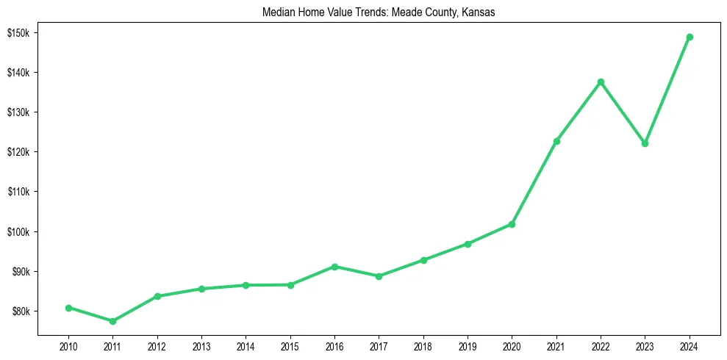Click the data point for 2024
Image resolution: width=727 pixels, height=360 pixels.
[x=690, y=37]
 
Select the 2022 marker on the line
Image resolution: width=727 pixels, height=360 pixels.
[x=601, y=82]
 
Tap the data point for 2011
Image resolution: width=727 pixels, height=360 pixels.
[x=112, y=321]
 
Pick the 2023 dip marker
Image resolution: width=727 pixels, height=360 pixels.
[x=645, y=143]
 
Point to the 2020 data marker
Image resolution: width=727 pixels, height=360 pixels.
[x=512, y=224]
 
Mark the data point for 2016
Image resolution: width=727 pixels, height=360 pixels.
[x=334, y=267]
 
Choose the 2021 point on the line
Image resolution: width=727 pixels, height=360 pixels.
[x=556, y=141]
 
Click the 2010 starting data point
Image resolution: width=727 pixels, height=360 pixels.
[x=68, y=308]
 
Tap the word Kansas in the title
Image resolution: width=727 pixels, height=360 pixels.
[x=479, y=12]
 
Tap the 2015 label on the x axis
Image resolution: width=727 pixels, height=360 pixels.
[x=290, y=345]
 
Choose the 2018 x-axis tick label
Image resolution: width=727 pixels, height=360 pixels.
[x=423, y=345]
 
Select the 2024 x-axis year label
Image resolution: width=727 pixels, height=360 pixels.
[x=690, y=345]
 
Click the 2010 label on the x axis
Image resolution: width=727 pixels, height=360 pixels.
[x=68, y=345]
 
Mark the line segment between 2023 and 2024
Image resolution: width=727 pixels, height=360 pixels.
[x=667, y=90]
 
